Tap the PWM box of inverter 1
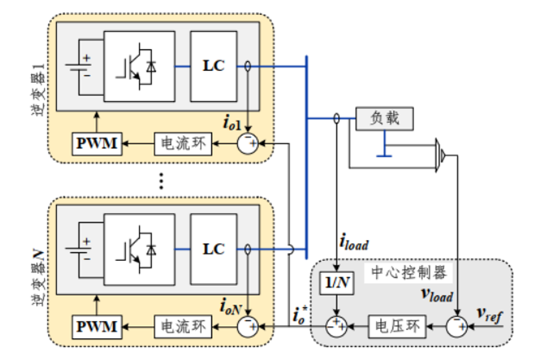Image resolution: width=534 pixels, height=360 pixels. [96, 143]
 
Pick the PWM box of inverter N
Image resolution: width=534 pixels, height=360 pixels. [96, 326]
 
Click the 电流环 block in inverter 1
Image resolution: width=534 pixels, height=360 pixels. [180, 143]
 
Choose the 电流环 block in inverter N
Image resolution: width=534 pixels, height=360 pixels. [180, 326]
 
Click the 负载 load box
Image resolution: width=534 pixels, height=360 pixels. [385, 118]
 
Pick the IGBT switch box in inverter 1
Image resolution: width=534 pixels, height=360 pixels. [140, 66]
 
